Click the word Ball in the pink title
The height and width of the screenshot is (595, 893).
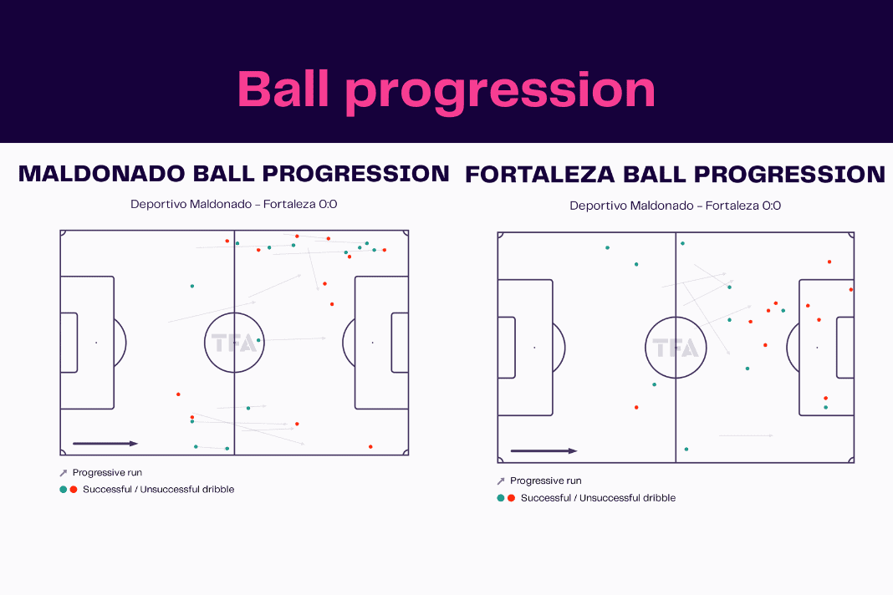tap(283, 89)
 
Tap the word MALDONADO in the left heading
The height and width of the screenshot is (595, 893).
tap(101, 174)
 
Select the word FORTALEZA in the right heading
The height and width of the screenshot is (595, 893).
tap(539, 175)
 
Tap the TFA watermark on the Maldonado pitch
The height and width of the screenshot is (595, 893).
tap(234, 343)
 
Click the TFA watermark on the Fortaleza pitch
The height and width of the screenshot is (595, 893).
tap(676, 348)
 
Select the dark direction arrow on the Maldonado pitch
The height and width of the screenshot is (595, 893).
tap(105, 444)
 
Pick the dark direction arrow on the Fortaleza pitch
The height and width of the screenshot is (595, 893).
tap(543, 451)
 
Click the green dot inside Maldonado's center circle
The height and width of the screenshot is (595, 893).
tap(258, 340)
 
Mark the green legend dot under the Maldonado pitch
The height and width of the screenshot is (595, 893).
tap(64, 489)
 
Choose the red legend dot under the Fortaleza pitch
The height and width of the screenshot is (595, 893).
tap(512, 497)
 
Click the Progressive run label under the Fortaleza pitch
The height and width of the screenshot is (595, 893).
tap(546, 481)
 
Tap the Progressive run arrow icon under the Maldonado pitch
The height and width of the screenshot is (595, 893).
tap(64, 473)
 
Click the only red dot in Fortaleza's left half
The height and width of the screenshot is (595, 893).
tap(636, 407)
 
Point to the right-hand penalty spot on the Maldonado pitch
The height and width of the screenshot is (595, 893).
tap(372, 343)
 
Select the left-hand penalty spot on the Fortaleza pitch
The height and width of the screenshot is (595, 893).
tap(534, 348)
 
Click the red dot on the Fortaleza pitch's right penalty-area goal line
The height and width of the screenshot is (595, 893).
tap(851, 290)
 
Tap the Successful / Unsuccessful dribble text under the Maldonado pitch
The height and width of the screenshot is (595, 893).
tap(158, 489)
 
